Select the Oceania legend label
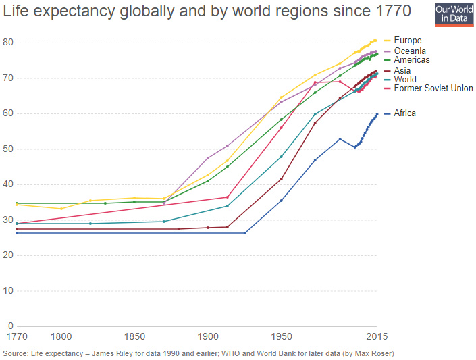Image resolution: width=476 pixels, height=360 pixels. tap(410, 51)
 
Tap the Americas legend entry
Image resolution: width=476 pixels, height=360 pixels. tap(412, 60)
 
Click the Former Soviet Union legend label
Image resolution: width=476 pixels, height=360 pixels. tap(433, 88)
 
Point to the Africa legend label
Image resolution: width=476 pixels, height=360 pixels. tap(405, 113)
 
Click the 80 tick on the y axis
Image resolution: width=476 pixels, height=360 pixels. tap(7, 43)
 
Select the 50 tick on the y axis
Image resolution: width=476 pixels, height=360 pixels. tap(7, 149)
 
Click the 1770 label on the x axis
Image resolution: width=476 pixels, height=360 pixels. tap(16, 336)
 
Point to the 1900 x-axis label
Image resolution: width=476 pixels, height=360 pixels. tap(208, 336)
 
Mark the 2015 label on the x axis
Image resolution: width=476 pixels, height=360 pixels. tap(375, 336)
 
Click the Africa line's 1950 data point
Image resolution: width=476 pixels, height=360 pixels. tap(282, 201)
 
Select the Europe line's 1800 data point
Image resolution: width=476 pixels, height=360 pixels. tap(61, 209)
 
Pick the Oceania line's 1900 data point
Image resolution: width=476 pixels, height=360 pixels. tap(208, 158)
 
